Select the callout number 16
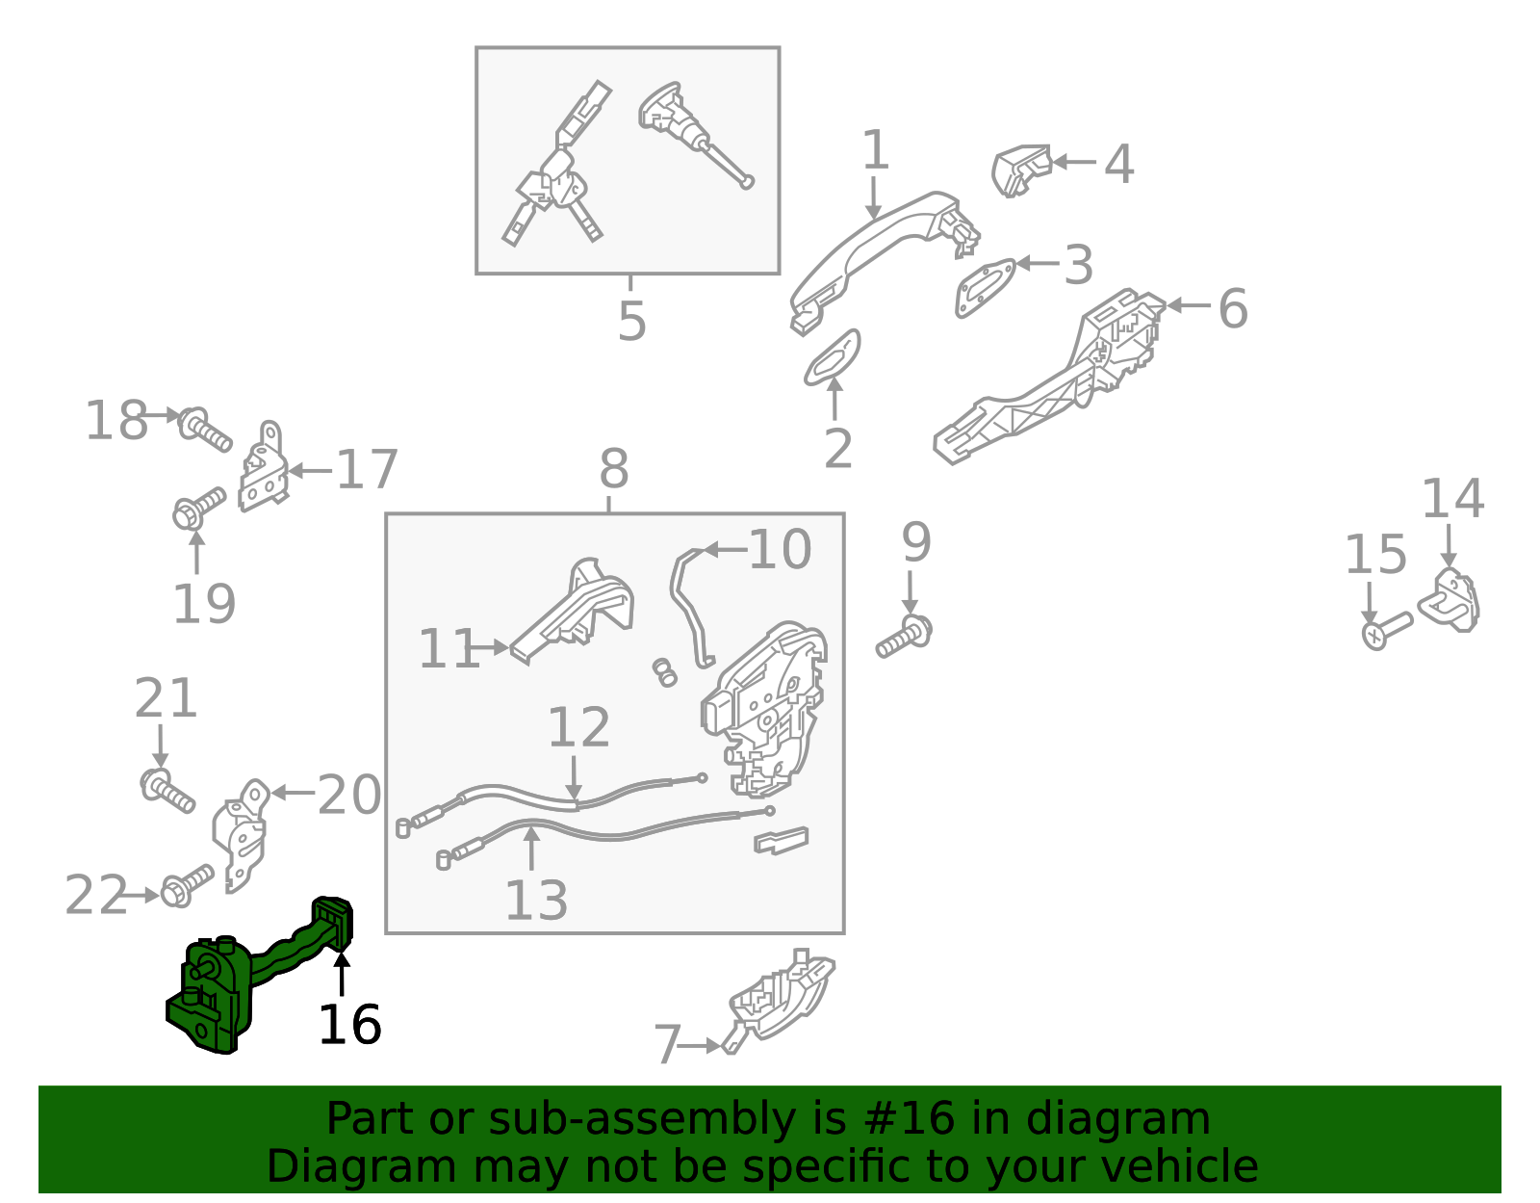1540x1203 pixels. [349, 1025]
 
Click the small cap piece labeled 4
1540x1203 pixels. [1020, 170]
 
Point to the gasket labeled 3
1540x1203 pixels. [985, 287]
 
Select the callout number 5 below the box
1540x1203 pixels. [631, 321]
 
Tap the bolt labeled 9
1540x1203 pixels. [905, 638]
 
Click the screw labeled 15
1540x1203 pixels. [1387, 631]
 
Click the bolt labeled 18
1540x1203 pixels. [204, 429]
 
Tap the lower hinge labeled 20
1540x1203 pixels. [241, 836]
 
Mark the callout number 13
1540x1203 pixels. [536, 901]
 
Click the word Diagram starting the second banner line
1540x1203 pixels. [362, 1166]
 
